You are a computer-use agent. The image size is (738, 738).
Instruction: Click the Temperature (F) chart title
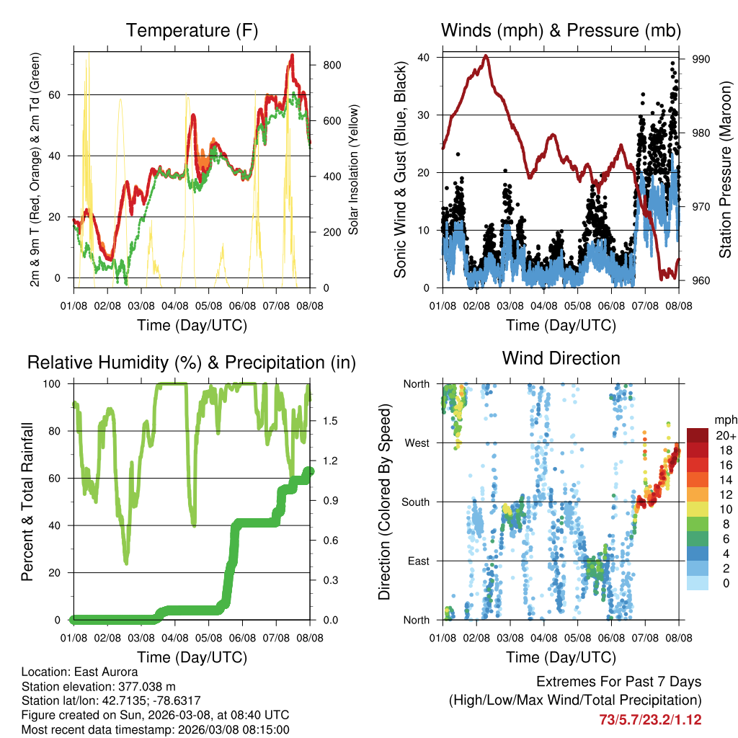click(x=192, y=30)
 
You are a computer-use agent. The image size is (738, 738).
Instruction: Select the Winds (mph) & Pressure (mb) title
click(x=561, y=30)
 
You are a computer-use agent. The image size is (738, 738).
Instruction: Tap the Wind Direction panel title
click(x=561, y=357)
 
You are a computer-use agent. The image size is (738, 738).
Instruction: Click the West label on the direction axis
click(x=416, y=443)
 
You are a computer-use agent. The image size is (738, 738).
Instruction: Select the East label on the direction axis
click(x=417, y=561)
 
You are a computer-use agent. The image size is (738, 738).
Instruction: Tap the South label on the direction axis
click(x=414, y=502)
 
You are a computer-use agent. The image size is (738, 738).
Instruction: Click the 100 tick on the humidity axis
click(x=58, y=383)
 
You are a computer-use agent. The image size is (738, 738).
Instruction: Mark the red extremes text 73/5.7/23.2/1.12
click(x=650, y=719)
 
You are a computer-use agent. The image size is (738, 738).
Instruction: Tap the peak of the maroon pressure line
click(x=486, y=55)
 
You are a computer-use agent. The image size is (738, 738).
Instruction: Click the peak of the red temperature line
click(x=292, y=55)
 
